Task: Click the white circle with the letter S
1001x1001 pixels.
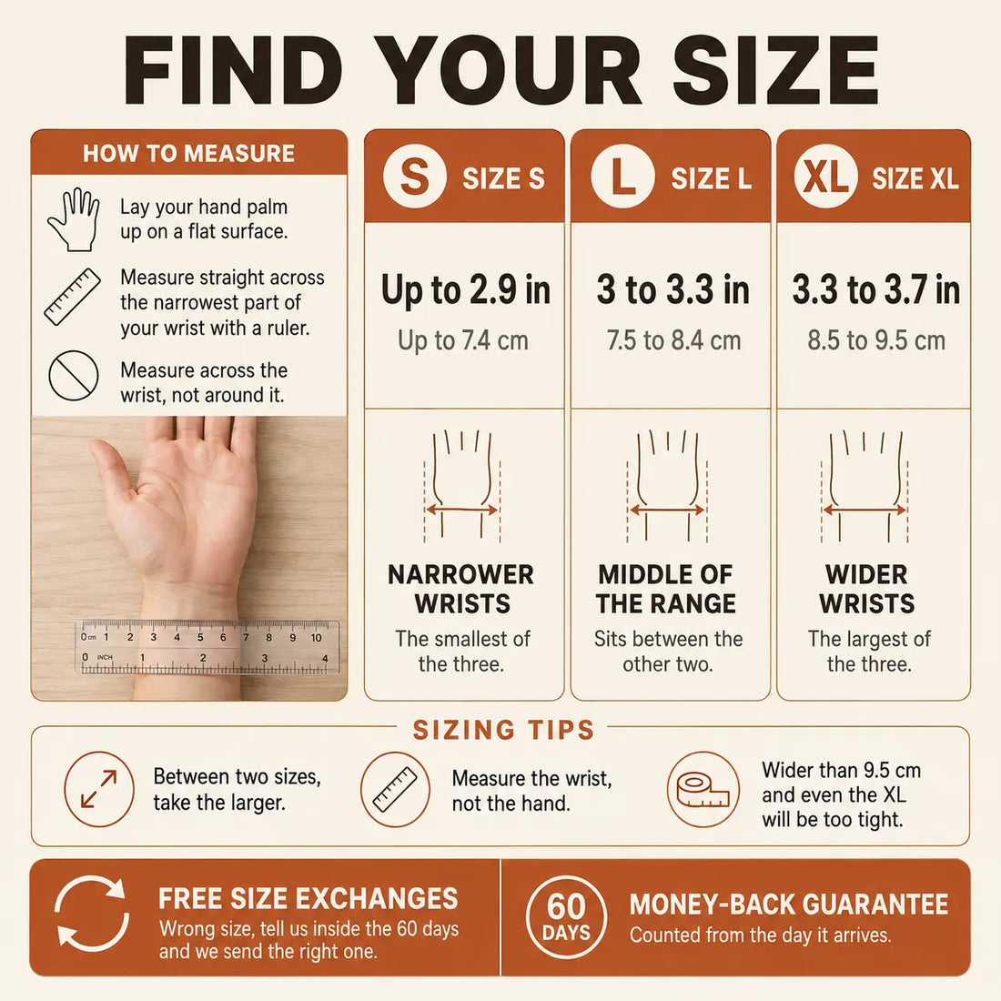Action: pyautogui.click(x=414, y=177)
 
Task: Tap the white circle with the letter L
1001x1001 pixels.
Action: pyautogui.click(x=622, y=177)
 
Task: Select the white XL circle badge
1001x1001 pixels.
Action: pyautogui.click(x=825, y=177)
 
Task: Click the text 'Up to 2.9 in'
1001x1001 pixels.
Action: pyautogui.click(x=465, y=289)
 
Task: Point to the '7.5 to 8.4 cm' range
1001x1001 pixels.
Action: pyautogui.click(x=673, y=340)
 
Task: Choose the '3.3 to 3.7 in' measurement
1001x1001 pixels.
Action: pyautogui.click(x=875, y=289)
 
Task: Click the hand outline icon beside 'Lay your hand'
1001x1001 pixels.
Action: pyautogui.click(x=74, y=219)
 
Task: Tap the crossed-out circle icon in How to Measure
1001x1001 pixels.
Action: pyautogui.click(x=74, y=375)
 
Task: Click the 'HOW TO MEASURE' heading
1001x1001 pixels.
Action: pyautogui.click(x=189, y=153)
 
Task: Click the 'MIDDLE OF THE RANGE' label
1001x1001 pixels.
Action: pyautogui.click(x=666, y=589)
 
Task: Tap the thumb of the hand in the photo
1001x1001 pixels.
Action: pyautogui.click(x=116, y=472)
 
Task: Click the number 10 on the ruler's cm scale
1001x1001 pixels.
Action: pyautogui.click(x=316, y=637)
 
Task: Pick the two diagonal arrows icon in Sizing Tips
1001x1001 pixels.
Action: pyautogui.click(x=99, y=788)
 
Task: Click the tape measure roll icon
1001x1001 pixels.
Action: pyautogui.click(x=703, y=789)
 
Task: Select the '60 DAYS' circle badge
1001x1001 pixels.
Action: pyautogui.click(x=566, y=917)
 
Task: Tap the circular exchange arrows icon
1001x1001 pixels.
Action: pyautogui.click(x=92, y=912)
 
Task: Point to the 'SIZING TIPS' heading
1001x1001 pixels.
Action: pyautogui.click(x=504, y=730)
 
